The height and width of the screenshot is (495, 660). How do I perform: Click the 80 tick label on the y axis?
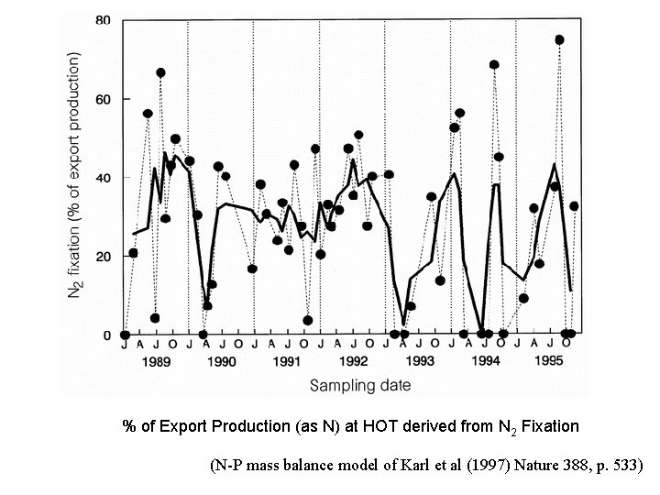(104, 20)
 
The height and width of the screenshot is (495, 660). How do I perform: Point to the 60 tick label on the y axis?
(104, 99)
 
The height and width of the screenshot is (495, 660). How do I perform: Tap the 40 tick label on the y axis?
(104, 178)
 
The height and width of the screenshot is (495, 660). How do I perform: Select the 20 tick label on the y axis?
(104, 257)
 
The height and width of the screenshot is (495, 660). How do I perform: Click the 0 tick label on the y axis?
(107, 335)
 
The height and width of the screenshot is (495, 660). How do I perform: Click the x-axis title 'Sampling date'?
(359, 386)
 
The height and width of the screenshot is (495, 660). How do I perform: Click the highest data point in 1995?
(559, 40)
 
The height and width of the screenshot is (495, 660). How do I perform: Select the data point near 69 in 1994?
(494, 65)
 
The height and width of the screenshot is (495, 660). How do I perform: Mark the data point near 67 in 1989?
(160, 72)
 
